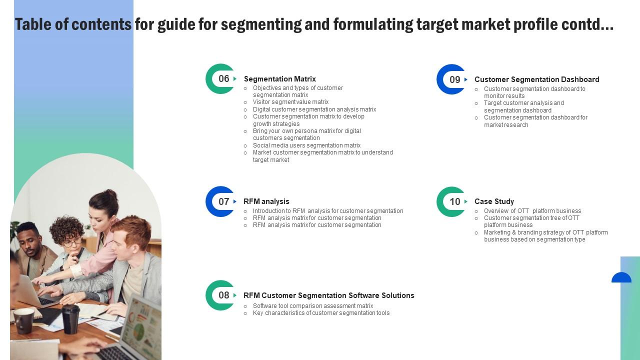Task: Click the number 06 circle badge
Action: pyautogui.click(x=221, y=78)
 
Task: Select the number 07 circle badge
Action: pyautogui.click(x=221, y=201)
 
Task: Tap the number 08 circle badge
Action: pyautogui.click(x=221, y=295)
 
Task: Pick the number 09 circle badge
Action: pyautogui.click(x=452, y=79)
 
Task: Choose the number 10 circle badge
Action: pyautogui.click(x=452, y=201)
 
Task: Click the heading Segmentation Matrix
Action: pyautogui.click(x=279, y=79)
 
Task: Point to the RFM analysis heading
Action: pyautogui.click(x=266, y=201)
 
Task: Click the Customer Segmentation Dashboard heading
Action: pyautogui.click(x=536, y=79)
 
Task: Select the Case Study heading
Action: pyautogui.click(x=494, y=201)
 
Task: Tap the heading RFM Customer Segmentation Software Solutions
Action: pyautogui.click(x=328, y=295)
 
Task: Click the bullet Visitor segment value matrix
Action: pyautogui.click(x=290, y=102)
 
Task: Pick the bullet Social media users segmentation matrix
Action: pyautogui.click(x=306, y=145)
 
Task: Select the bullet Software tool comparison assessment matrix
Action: pyautogui.click(x=313, y=306)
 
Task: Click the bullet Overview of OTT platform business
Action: pyautogui.click(x=532, y=211)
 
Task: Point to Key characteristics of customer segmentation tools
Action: pyautogui.click(x=321, y=313)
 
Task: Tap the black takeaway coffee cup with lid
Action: pyautogui.click(x=70, y=318)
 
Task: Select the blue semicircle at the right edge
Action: pyautogui.click(x=621, y=278)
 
